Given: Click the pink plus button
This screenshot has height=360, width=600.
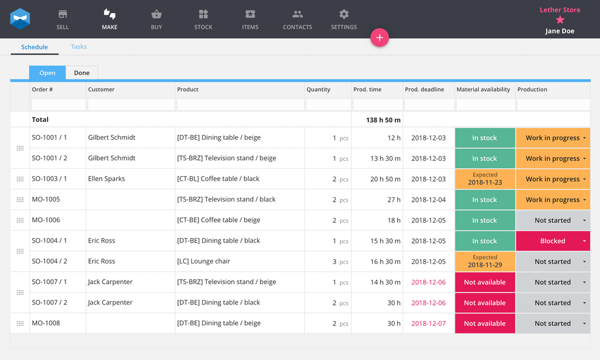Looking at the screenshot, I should click(x=379, y=38).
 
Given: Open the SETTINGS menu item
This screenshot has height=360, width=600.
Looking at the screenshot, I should click(x=344, y=19).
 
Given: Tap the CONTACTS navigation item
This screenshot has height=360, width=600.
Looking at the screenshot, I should click(x=298, y=19).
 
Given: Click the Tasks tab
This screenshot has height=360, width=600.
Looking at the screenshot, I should click(x=79, y=46).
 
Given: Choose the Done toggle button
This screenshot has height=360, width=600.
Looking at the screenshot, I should click(x=82, y=73).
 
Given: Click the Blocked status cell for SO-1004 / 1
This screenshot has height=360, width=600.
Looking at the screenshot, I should click(x=552, y=241).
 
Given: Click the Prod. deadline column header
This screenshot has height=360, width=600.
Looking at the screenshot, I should click(x=424, y=90).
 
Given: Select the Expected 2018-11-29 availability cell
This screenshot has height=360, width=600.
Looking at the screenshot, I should click(x=485, y=262).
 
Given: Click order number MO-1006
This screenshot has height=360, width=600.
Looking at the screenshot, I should click(x=46, y=220).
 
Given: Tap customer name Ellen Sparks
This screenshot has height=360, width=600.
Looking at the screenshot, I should click(x=106, y=179).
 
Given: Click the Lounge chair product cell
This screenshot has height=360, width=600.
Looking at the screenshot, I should click(x=204, y=262).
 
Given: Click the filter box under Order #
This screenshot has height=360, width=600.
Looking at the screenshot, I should click(x=58, y=105).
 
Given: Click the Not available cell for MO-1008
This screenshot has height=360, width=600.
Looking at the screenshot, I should click(x=485, y=324).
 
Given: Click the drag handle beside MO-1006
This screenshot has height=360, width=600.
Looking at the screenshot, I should click(x=20, y=220).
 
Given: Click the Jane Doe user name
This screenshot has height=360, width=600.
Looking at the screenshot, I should click(x=560, y=31).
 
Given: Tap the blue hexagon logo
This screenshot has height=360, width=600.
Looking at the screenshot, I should click(x=20, y=19).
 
